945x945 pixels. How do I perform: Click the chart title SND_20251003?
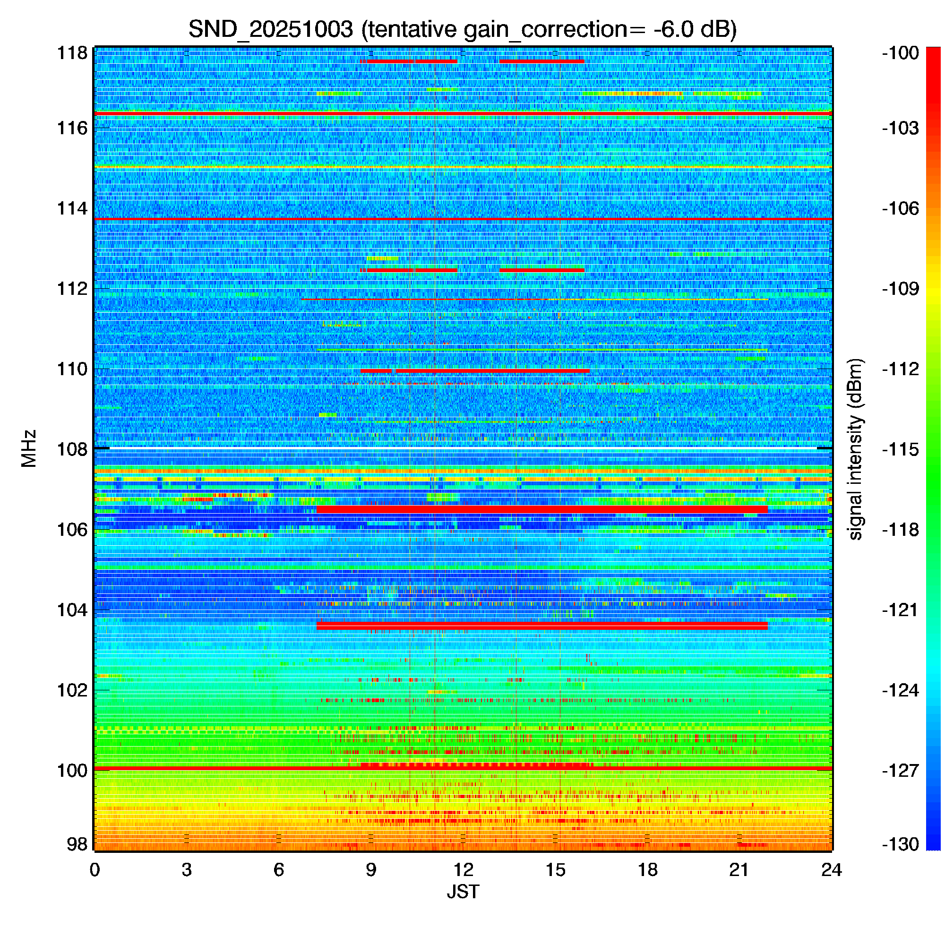click(x=270, y=30)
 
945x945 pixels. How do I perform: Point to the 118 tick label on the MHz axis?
click(x=72, y=53)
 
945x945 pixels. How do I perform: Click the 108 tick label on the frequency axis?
click(x=72, y=449)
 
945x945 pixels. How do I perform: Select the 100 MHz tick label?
click(x=72, y=770)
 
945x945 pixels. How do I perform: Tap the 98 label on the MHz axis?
click(x=77, y=844)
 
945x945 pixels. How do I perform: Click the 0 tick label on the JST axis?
click(x=94, y=870)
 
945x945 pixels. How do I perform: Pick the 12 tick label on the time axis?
click(x=463, y=870)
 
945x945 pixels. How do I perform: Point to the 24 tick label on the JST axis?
click(x=832, y=870)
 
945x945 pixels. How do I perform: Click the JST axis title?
click(x=463, y=892)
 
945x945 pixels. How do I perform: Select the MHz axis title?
click(x=29, y=448)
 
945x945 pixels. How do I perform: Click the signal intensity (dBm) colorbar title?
click(x=856, y=449)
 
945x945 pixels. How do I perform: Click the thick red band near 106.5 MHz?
click(x=542, y=510)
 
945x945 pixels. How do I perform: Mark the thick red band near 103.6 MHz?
click(x=542, y=626)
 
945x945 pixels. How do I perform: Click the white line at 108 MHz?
click(x=463, y=448)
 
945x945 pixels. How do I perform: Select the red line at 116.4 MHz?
click(x=463, y=113)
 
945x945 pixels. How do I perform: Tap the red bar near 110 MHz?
click(x=475, y=371)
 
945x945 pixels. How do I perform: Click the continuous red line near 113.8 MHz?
click(x=463, y=219)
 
